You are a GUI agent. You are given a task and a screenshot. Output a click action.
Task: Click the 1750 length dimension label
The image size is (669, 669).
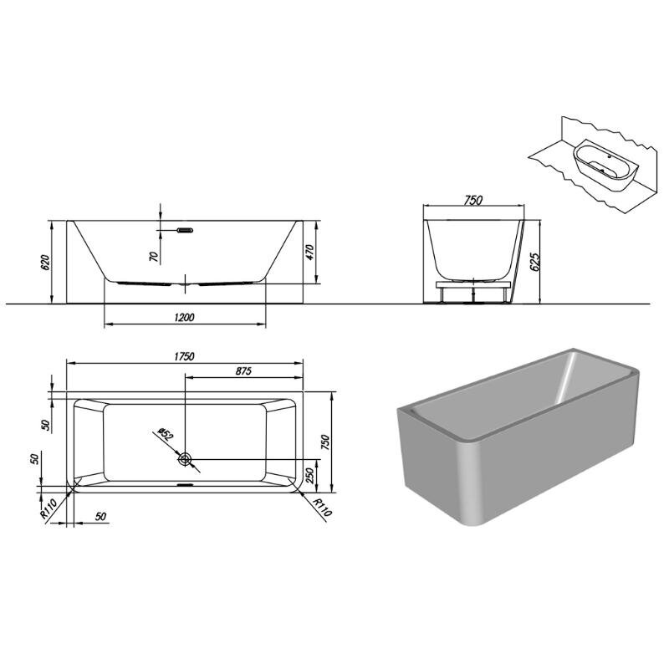coord(184,356)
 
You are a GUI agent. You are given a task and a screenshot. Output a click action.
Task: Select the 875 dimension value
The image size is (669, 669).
coord(243,370)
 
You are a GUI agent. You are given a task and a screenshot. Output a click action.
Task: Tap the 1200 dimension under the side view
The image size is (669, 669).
coord(184,318)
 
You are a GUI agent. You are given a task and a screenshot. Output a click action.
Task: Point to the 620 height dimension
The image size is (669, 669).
coord(46,262)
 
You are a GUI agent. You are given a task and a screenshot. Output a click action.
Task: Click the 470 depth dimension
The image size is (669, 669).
coord(309,253)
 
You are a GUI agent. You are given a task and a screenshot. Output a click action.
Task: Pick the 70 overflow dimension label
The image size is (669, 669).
coord(154,256)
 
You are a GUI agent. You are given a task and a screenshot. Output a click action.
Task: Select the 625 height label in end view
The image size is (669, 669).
coord(534,262)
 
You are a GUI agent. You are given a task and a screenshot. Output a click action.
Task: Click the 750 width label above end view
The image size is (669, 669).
coord(472,200)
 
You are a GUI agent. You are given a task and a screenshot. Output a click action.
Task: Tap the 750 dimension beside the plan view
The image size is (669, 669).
coord(324,442)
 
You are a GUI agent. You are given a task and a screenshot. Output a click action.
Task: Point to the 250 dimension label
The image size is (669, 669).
coord(310,476)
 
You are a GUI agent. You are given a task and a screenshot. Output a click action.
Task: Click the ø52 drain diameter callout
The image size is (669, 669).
coord(165,434)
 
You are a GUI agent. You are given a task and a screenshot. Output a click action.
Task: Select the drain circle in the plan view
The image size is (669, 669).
coord(185,459)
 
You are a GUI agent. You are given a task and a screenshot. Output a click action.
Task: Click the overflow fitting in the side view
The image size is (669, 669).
coord(185,231)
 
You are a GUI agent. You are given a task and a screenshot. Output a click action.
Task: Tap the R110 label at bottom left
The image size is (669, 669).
coord(49,509)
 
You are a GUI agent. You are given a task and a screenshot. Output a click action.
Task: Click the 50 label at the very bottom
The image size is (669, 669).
coord(100,517)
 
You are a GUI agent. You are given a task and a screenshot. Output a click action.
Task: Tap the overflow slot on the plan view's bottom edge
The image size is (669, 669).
coord(185,485)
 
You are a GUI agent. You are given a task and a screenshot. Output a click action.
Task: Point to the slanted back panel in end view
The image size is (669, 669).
coord(517,261)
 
